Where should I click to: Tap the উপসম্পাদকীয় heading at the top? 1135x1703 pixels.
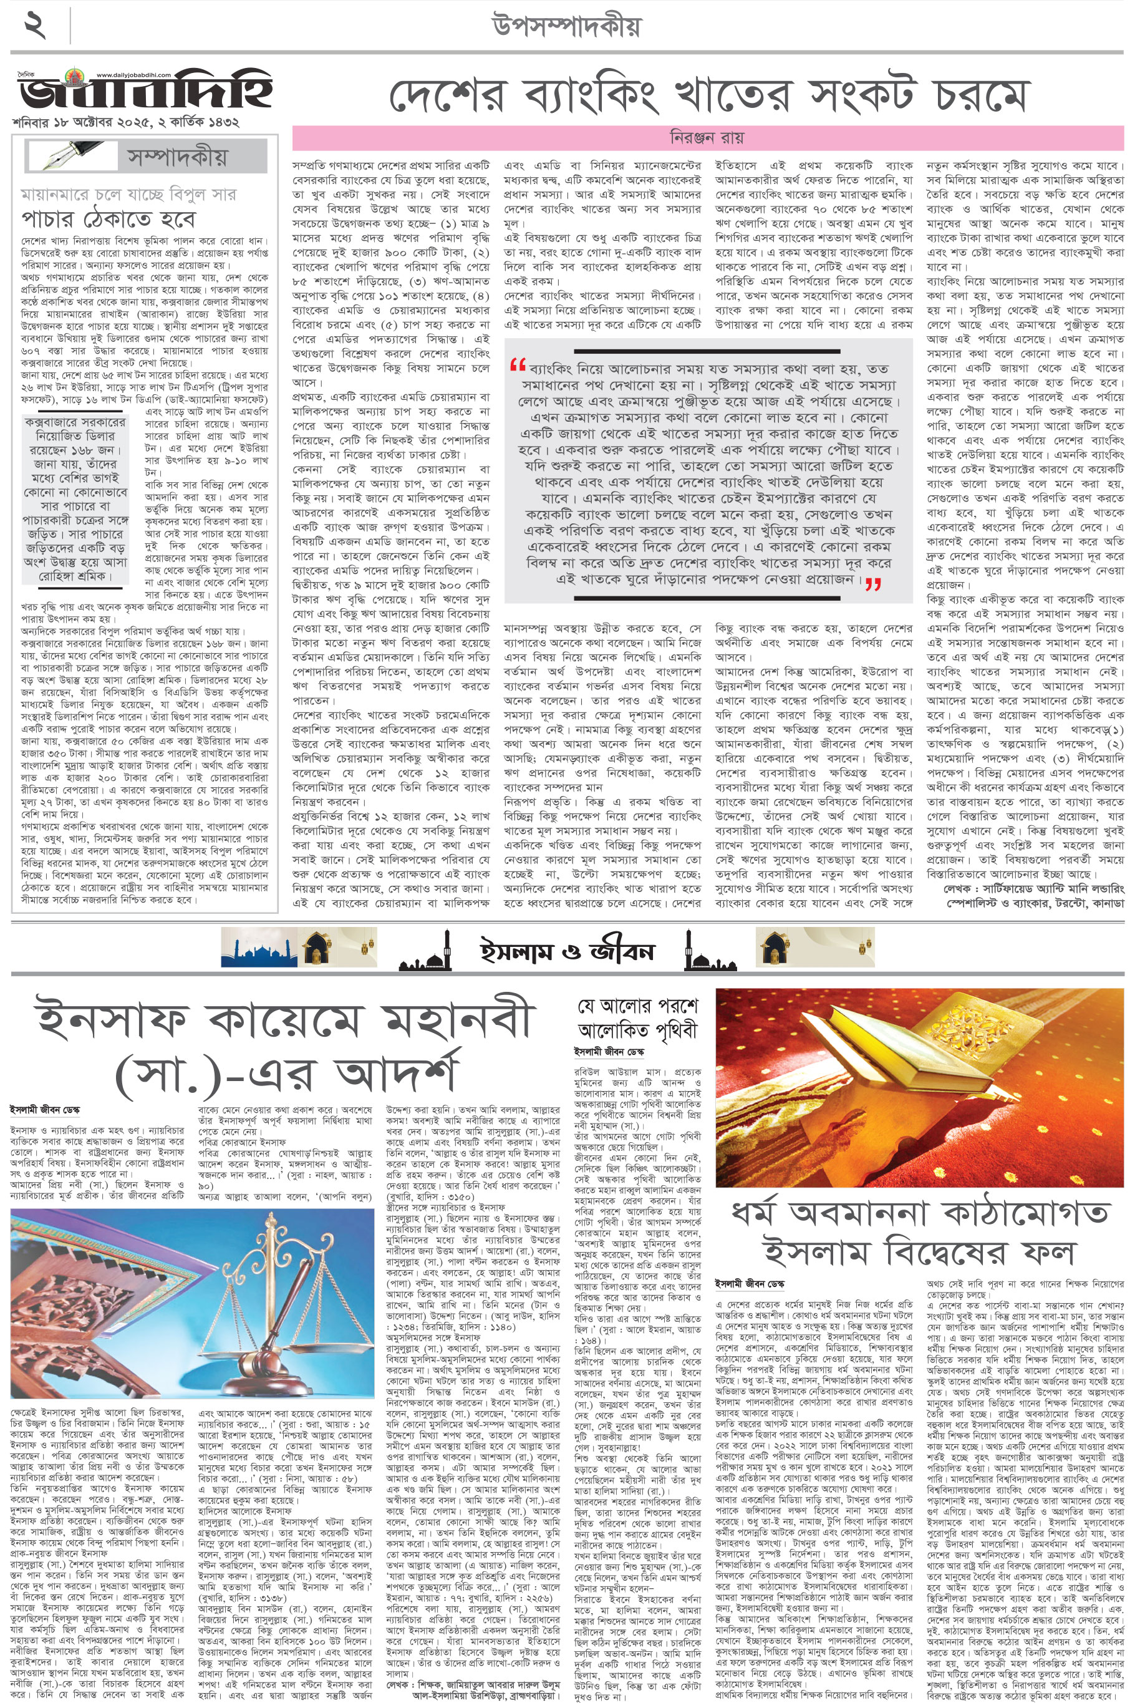[x=567, y=27]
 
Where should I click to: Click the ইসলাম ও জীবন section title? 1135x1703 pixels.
[x=567, y=949]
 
